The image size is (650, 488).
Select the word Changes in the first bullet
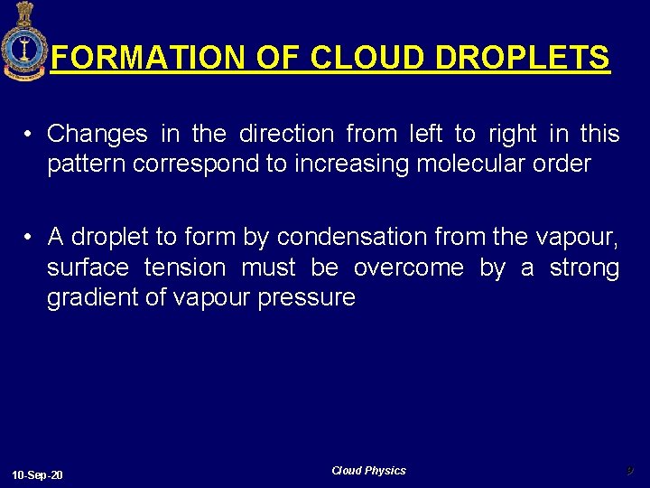pyautogui.click(x=97, y=134)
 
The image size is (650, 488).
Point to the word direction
pyautogui.click(x=286, y=134)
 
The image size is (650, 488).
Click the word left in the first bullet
pyautogui.click(x=425, y=134)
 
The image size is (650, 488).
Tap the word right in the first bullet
pyautogui.click(x=512, y=134)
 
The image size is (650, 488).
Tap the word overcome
pyautogui.click(x=410, y=267)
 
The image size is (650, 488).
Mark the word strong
pyautogui.click(x=583, y=267)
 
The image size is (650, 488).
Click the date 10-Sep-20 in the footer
pyautogui.click(x=37, y=475)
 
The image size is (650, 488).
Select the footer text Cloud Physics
pyautogui.click(x=368, y=471)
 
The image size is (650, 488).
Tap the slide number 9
pyautogui.click(x=630, y=470)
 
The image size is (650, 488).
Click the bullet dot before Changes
pyautogui.click(x=30, y=135)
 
